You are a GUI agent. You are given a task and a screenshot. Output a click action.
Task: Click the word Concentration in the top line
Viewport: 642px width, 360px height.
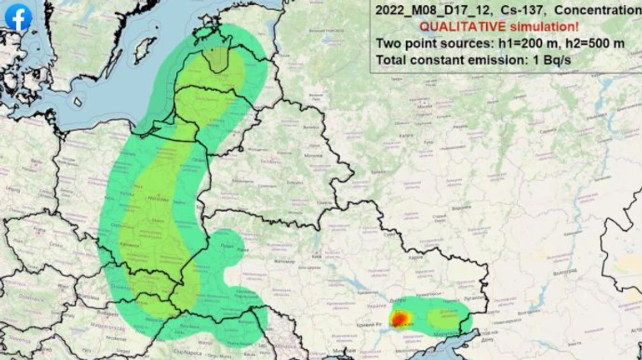[598, 10]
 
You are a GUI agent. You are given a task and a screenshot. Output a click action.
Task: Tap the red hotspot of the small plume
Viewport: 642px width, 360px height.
[399, 317]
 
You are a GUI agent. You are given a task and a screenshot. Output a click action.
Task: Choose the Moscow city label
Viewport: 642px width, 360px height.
[424, 107]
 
